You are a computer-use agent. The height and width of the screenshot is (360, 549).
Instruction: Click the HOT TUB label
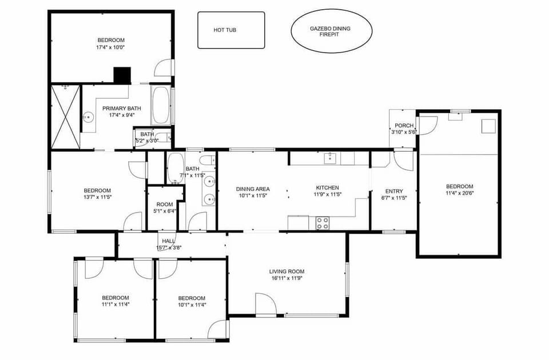[225, 30]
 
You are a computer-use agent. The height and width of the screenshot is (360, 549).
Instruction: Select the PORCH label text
[404, 125]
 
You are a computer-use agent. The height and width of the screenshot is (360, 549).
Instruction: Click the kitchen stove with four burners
[323, 223]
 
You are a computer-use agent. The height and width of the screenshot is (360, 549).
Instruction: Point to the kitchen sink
[330, 158]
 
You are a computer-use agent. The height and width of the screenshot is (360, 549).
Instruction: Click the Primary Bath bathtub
[161, 105]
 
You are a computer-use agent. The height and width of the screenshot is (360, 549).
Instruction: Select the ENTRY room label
[394, 191]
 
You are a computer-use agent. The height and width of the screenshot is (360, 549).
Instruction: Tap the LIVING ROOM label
[287, 271]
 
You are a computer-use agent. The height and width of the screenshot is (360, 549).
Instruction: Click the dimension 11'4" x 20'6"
[460, 193]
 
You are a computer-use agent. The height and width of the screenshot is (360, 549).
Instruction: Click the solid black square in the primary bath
[122, 75]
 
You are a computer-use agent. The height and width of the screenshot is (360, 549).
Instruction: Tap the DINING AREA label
[252, 189]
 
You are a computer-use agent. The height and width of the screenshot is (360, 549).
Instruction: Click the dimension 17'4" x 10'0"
[110, 47]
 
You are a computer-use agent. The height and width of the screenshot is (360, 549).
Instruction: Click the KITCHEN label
[328, 187]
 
